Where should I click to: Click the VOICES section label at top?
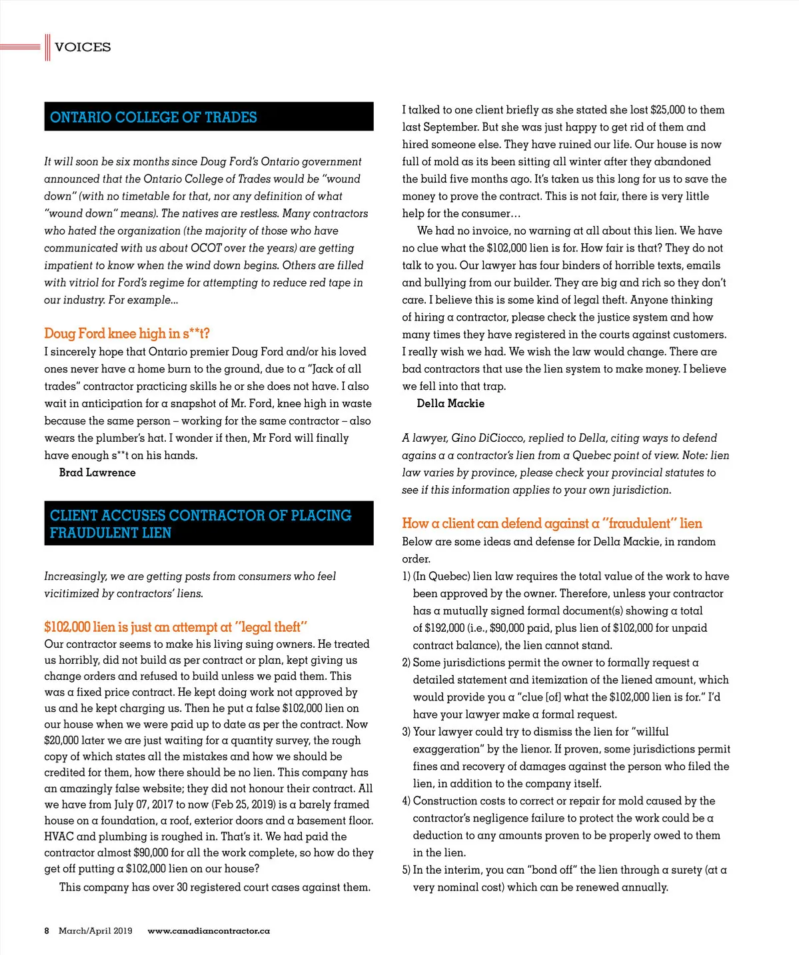(83, 47)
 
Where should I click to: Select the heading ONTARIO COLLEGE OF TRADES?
(153, 117)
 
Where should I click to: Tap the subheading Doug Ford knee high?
(127, 333)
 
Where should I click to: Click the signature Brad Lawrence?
(97, 473)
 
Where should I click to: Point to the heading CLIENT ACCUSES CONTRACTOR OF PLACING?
(200, 516)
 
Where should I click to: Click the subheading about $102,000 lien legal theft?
(175, 627)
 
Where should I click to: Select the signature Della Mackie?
(450, 403)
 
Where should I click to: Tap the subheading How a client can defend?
(552, 523)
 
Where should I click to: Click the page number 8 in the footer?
(47, 931)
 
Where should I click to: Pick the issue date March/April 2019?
(95, 931)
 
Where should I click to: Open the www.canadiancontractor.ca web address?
(209, 931)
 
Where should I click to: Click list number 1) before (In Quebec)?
(406, 576)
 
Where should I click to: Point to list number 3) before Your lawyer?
(406, 732)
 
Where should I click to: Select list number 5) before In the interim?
(406, 870)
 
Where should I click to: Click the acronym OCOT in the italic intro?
(206, 248)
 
